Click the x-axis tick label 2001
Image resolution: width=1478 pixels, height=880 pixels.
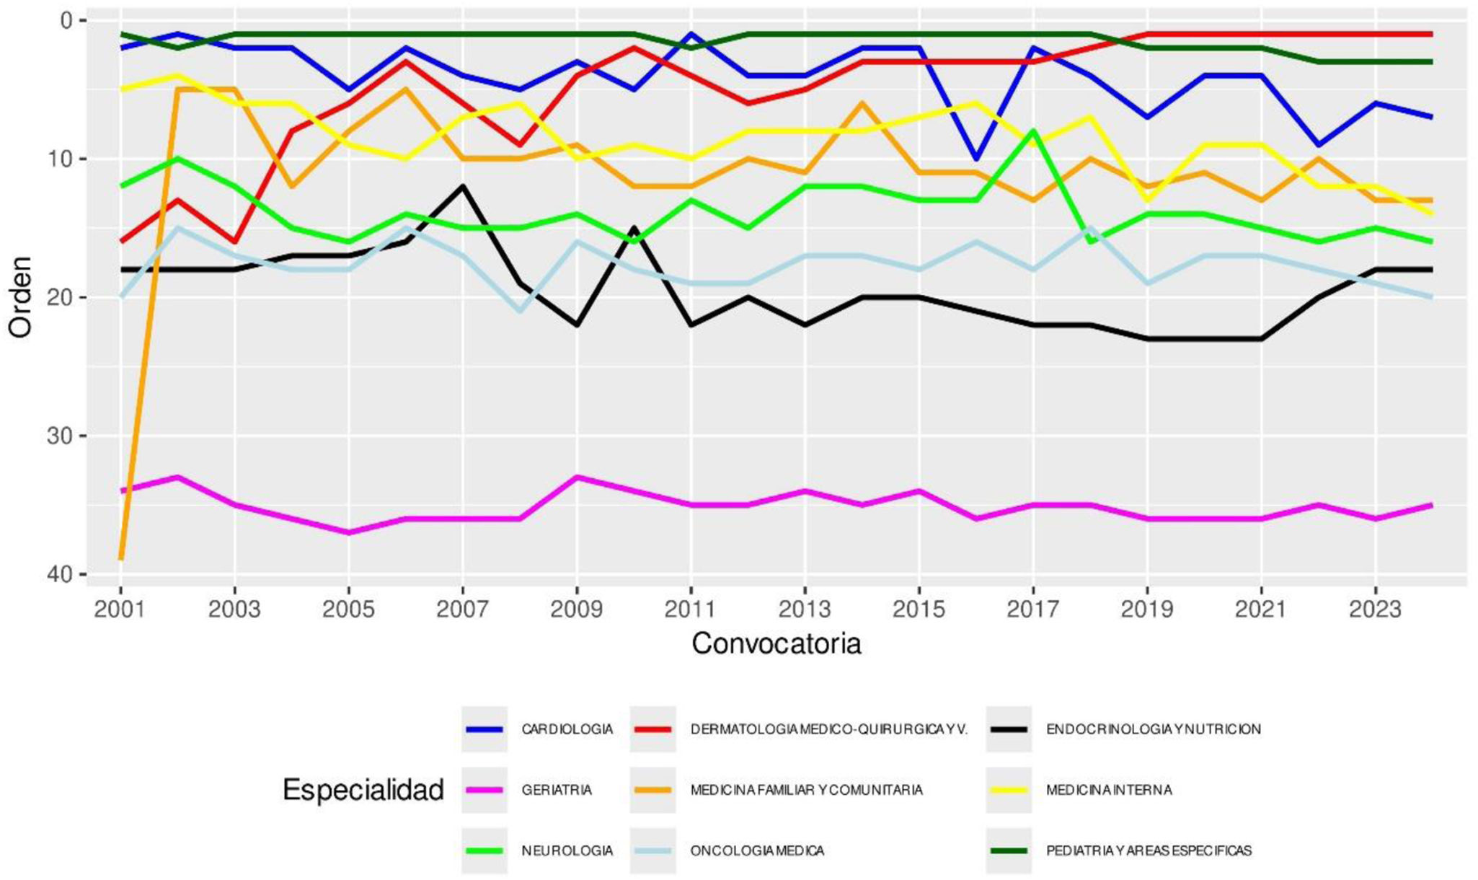(120, 610)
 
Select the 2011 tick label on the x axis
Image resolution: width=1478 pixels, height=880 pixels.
(690, 610)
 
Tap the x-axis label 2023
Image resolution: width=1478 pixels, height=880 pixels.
(1375, 610)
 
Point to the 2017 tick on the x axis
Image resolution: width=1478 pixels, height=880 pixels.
(1032, 610)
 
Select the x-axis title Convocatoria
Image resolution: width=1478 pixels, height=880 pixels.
(776, 643)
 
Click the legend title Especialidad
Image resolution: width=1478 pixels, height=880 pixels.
(363, 790)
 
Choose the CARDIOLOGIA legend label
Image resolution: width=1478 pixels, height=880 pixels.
(567, 729)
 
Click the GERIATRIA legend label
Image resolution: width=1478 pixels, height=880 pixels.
(556, 790)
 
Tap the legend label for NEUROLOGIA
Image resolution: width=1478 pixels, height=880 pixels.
(567, 850)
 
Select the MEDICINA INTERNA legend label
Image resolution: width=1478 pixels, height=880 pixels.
(1108, 790)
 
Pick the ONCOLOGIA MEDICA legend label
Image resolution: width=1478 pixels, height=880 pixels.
(756, 850)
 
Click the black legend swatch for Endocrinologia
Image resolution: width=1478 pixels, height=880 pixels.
(1009, 729)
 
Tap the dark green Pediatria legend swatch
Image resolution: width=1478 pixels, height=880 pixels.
(1009, 850)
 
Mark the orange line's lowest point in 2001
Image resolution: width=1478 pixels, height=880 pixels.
(120, 558)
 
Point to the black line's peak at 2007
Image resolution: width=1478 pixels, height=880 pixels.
(462, 186)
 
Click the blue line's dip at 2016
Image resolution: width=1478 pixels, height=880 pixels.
(975, 159)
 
